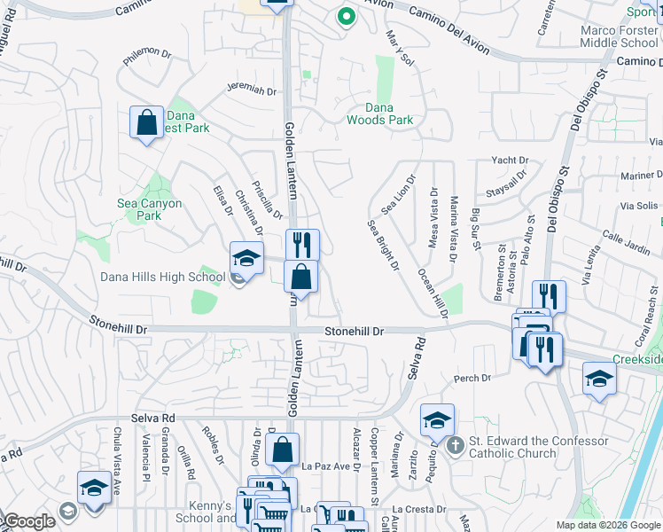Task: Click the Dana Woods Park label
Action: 379,113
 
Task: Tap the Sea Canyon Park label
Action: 150,209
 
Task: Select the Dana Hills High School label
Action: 162,277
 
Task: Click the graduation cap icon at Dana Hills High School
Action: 247,259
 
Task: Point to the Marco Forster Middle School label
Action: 620,36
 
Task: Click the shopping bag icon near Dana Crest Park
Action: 147,121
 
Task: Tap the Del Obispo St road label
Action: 557,191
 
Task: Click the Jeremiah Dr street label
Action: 252,90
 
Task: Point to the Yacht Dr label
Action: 510,160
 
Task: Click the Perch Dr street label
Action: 472,379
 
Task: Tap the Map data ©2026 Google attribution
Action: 608,525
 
